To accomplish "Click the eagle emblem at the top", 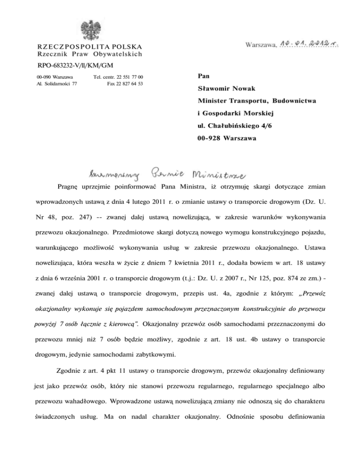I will click(x=89, y=30).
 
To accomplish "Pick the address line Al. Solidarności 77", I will click(x=56, y=83).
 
